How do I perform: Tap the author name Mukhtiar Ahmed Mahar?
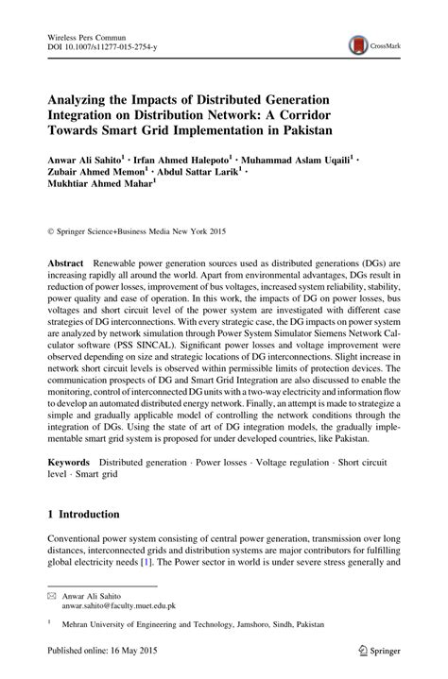point(98,188)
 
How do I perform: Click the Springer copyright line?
point(143,230)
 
